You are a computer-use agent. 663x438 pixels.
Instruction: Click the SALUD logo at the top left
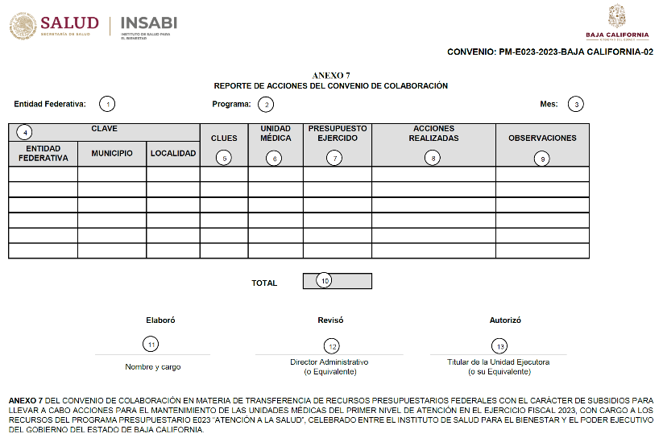pos(54,25)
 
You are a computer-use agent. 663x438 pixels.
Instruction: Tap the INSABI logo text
pos(148,23)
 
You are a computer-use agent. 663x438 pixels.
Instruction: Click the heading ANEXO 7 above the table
pos(330,75)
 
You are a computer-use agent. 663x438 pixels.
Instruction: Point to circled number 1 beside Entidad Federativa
pos(107,104)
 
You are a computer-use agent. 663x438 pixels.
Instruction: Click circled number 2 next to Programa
pos(266,104)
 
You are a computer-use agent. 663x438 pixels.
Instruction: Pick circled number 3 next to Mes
pos(575,104)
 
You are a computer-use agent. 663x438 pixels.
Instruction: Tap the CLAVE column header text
pos(105,129)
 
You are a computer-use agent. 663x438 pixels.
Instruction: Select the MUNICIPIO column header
pos(112,153)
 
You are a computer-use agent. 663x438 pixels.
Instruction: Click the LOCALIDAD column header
pos(173,153)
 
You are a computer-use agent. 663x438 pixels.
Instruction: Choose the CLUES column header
pos(224,138)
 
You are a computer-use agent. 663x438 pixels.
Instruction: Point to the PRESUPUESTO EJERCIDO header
pos(338,133)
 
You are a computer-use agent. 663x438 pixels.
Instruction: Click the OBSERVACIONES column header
pos(542,138)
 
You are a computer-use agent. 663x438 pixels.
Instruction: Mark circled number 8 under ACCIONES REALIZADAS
pos(433,159)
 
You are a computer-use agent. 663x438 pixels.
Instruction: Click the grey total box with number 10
pos(338,281)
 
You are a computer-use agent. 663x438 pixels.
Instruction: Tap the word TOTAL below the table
pos(264,283)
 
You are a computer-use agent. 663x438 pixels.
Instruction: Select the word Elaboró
pos(160,320)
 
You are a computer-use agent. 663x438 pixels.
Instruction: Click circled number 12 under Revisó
pos(332,345)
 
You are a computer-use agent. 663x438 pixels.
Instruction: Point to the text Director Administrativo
pos(329,362)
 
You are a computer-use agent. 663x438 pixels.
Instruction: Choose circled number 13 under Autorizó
pos(500,346)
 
